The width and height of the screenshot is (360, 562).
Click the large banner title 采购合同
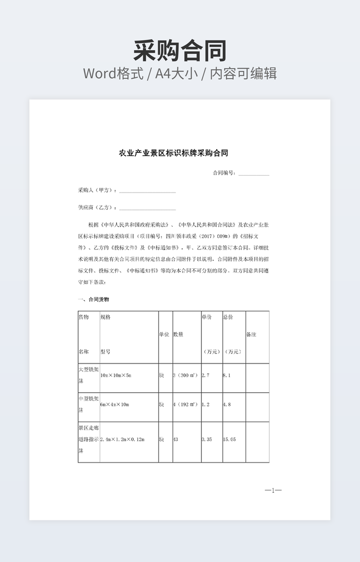[180, 51]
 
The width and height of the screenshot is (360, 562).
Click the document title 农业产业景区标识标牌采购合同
[173, 153]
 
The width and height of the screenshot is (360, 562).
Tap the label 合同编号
[224, 173]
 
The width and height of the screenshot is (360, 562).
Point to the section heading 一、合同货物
[94, 300]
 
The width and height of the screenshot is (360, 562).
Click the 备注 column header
[251, 335]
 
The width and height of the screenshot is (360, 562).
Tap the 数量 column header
[178, 335]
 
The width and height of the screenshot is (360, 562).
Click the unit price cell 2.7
[206, 375]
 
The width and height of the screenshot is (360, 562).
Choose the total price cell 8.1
[227, 375]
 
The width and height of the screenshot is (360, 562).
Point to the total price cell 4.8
[227, 404]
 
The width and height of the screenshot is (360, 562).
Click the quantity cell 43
[176, 440]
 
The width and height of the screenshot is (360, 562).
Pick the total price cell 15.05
[230, 440]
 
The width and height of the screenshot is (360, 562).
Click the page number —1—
[273, 490]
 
